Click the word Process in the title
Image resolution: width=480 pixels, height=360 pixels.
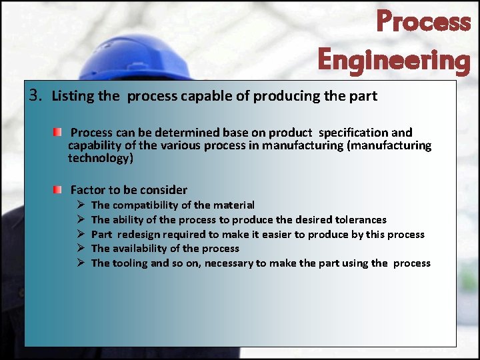click(423, 22)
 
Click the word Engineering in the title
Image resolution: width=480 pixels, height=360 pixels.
click(394, 59)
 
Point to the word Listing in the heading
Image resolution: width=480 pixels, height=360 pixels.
click(73, 96)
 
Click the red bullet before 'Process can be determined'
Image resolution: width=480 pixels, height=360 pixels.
click(59, 133)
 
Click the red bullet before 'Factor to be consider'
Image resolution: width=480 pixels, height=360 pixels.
click(59, 190)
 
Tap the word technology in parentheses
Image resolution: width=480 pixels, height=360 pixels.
click(99, 158)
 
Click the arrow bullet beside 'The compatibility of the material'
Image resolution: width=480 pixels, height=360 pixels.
click(79, 205)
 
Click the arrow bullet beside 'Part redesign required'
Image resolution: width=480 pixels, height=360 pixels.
click(79, 235)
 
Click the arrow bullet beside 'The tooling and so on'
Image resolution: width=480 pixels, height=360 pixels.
click(79, 263)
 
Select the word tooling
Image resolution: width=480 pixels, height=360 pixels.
click(131, 263)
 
